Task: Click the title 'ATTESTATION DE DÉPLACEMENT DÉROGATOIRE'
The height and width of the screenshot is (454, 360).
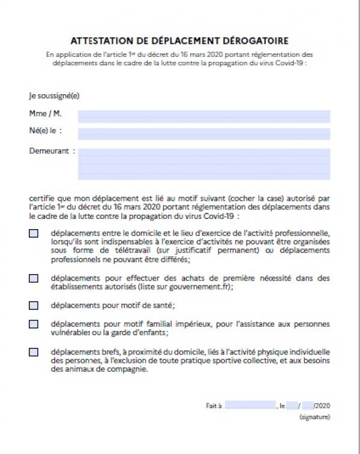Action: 179,41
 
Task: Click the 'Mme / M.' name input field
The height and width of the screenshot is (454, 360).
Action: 204,116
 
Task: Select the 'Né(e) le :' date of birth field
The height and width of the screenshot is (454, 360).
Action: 204,133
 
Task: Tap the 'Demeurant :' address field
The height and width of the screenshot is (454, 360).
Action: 204,164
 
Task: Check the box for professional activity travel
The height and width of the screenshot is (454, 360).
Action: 34,233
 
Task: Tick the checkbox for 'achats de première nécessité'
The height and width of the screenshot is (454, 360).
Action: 34,278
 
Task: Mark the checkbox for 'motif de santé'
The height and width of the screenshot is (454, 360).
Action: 34,305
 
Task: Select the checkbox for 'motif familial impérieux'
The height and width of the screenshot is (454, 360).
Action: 34,324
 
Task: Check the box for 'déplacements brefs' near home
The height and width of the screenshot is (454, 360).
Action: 34,352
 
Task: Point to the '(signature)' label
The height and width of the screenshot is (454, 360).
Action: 314,417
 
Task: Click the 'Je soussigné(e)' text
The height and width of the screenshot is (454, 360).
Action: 54,95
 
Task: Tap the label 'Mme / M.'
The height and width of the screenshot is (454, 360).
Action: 45,113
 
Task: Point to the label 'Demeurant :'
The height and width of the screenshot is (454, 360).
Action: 52,151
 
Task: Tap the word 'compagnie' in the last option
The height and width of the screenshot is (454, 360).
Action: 128,369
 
